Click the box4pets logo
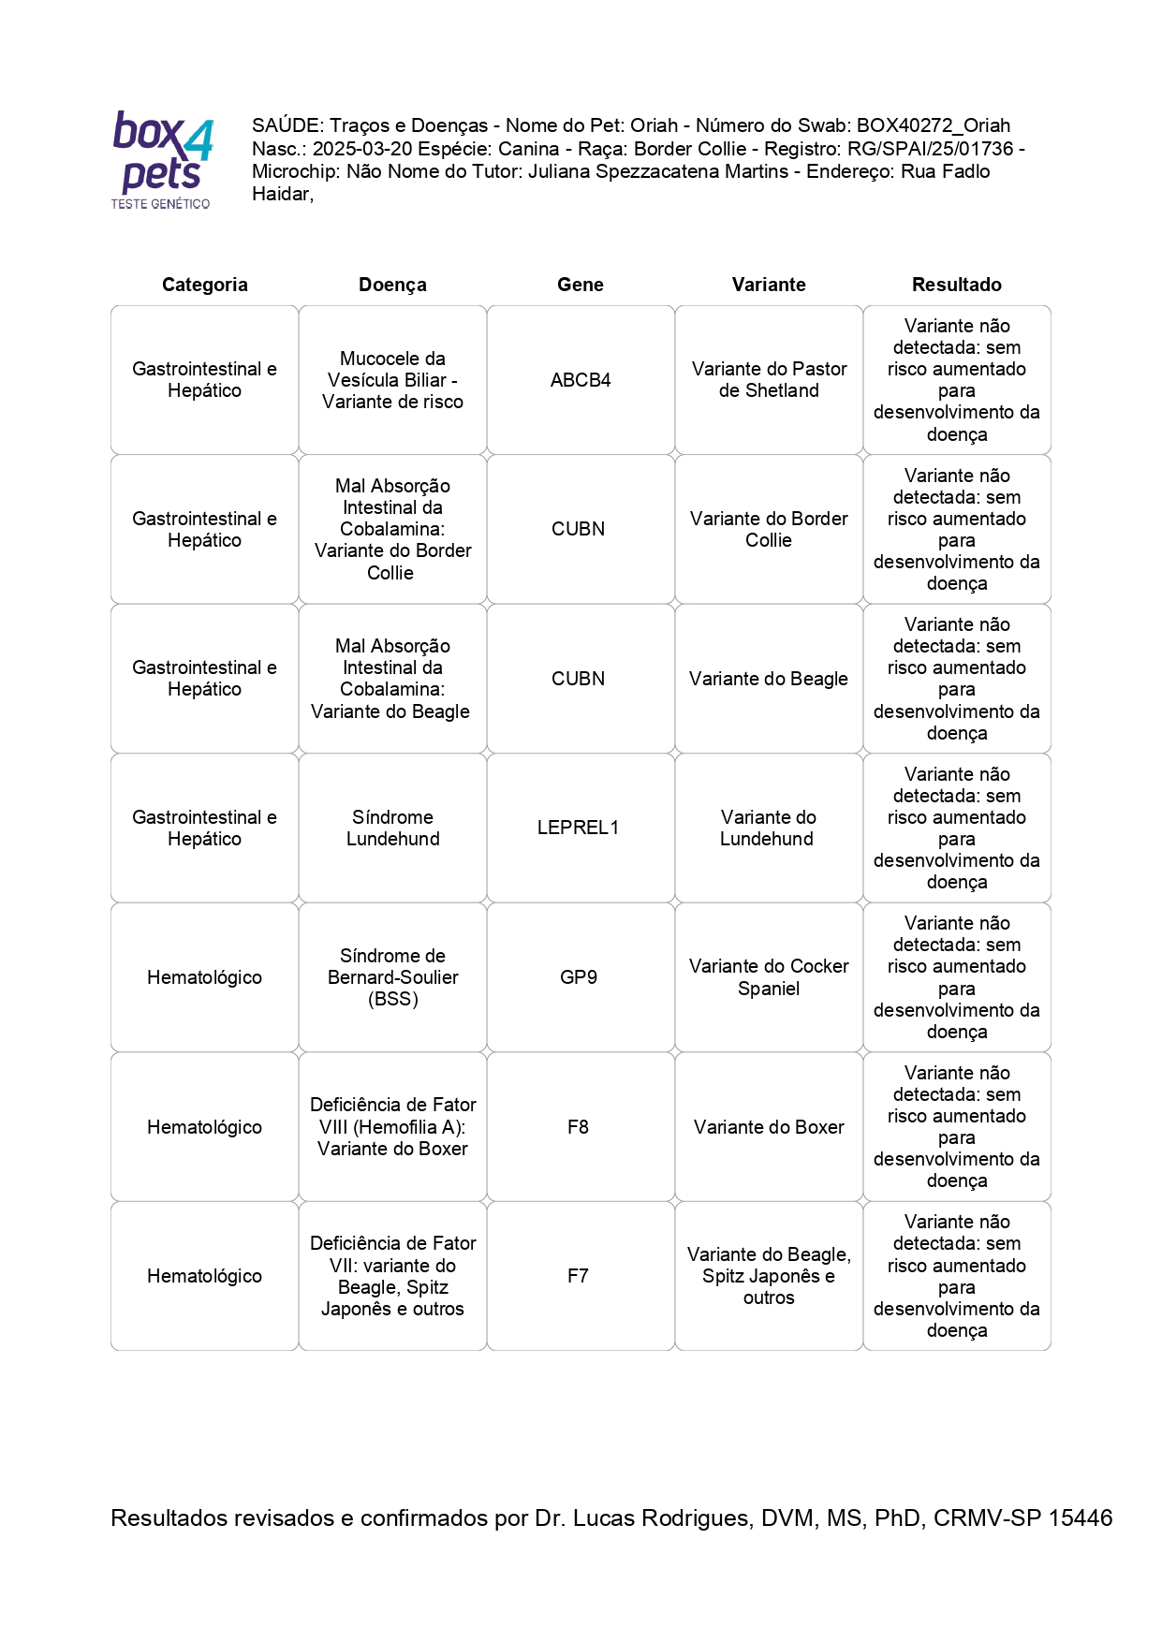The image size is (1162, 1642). coord(162,159)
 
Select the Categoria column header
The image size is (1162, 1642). coord(204,285)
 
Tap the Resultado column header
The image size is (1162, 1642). coord(956,285)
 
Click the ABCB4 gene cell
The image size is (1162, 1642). coord(581,380)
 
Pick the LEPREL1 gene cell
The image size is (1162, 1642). coord(578,828)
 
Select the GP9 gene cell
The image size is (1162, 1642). coord(578,977)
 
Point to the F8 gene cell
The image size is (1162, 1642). coord(578,1127)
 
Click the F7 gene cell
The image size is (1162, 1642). coord(578,1276)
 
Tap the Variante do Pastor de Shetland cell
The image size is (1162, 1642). coord(769,380)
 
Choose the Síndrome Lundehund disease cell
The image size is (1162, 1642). coord(392,828)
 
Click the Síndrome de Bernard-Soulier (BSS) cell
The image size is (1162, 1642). coord(392,977)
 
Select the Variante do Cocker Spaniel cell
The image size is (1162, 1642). coord(769,977)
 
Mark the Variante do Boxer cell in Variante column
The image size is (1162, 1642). coord(769,1127)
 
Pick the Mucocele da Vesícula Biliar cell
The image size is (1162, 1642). coord(392,380)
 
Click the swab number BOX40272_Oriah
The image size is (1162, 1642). coord(934,125)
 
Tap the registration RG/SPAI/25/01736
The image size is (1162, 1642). coord(930,149)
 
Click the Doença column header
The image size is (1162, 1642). coord(392,285)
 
